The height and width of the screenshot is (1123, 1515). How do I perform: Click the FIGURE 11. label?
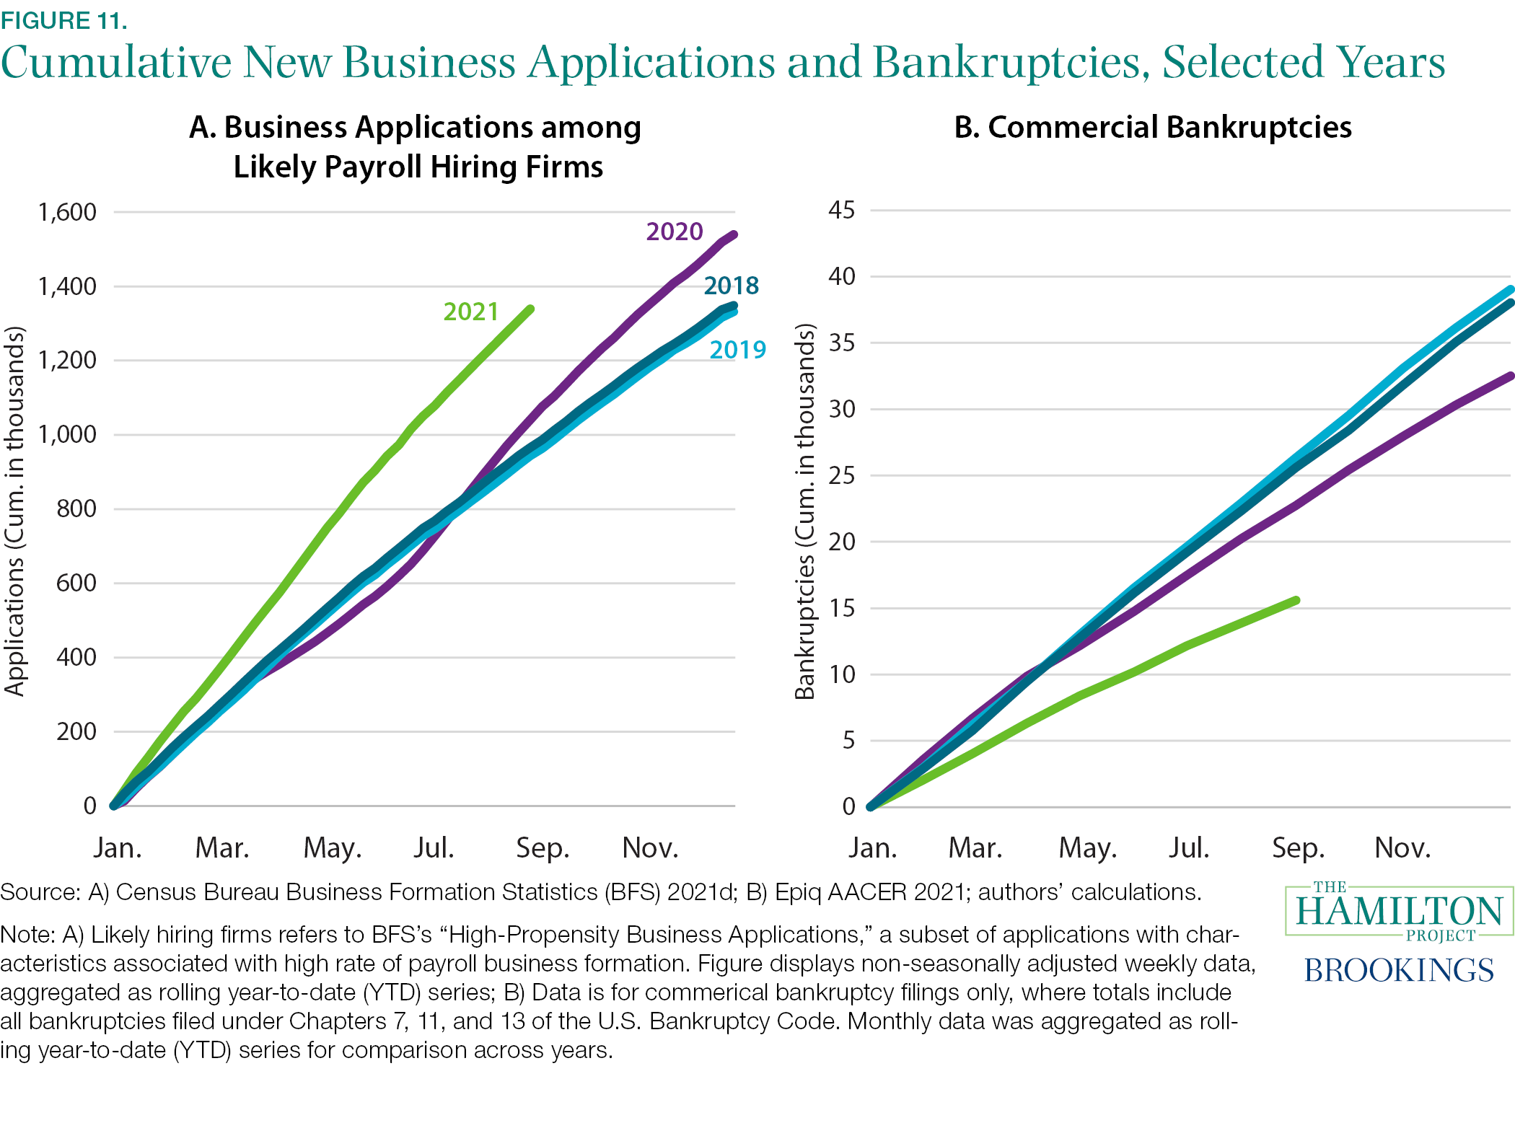click(x=64, y=20)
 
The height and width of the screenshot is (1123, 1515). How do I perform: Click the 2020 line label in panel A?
click(x=674, y=232)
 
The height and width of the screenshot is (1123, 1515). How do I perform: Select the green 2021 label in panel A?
click(x=470, y=312)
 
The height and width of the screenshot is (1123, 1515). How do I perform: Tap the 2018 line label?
click(x=731, y=286)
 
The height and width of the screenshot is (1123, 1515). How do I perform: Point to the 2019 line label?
click(x=737, y=350)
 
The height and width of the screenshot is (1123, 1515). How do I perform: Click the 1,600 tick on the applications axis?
click(x=67, y=212)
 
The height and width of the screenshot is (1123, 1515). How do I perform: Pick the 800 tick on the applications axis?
click(x=76, y=508)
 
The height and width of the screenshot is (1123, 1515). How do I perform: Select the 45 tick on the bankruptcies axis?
click(x=841, y=210)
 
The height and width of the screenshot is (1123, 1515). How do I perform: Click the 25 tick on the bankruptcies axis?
click(x=841, y=475)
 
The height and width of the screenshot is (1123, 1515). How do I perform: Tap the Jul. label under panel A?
click(x=434, y=847)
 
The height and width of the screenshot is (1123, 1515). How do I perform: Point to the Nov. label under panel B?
click(x=1402, y=847)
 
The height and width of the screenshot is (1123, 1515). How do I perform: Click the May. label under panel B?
click(x=1087, y=847)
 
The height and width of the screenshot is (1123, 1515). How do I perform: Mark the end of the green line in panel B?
click(x=1296, y=600)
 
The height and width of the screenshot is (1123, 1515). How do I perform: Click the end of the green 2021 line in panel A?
click(x=531, y=309)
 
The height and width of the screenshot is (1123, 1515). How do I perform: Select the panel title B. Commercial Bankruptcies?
click(x=1152, y=127)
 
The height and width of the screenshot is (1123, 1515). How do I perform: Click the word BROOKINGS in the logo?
click(x=1398, y=970)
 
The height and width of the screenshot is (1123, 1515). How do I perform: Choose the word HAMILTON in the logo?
click(x=1398, y=911)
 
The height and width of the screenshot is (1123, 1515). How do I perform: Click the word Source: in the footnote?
click(x=40, y=892)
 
